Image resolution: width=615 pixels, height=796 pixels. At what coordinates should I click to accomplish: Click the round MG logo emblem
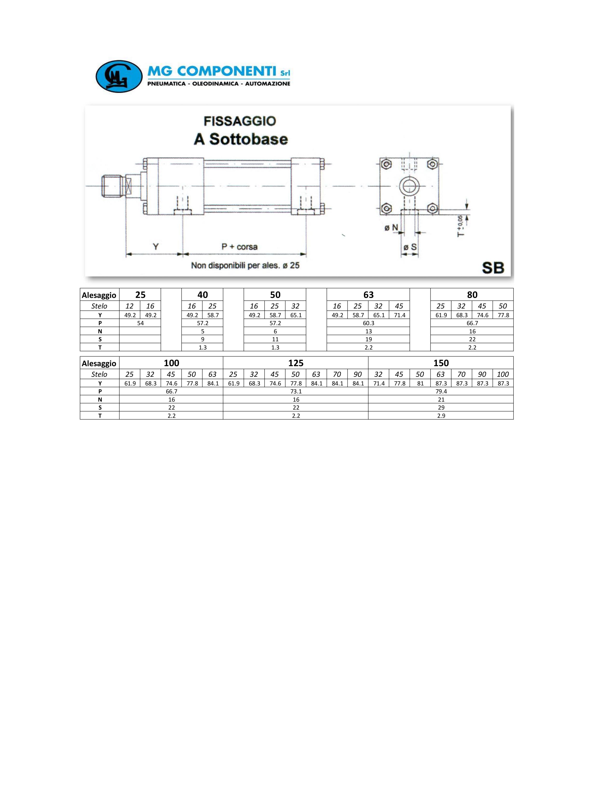click(x=119, y=76)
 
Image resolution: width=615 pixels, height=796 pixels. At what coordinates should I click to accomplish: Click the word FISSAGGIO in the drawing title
click(x=240, y=121)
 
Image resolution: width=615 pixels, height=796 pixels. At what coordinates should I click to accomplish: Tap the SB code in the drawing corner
click(x=493, y=268)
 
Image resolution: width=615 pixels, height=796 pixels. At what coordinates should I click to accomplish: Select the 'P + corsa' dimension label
click(x=239, y=247)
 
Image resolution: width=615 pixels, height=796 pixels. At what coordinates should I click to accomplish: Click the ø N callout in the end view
click(x=391, y=228)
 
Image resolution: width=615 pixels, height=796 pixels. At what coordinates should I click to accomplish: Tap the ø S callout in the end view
click(x=410, y=247)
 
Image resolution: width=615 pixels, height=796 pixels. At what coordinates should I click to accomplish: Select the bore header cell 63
click(x=368, y=295)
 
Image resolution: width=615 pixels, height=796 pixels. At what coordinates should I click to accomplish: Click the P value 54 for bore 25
click(x=140, y=323)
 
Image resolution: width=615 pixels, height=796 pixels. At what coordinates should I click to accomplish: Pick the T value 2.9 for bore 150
click(x=441, y=416)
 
